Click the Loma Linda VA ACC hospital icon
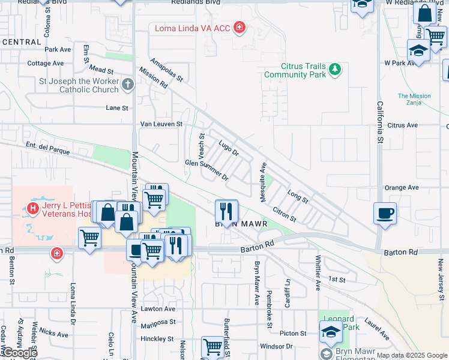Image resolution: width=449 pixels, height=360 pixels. pos(239,28)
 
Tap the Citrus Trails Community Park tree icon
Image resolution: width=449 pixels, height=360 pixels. pos(334,70)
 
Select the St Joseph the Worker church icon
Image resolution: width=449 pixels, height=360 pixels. pos(128,85)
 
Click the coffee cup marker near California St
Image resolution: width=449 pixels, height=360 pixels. pos(385,213)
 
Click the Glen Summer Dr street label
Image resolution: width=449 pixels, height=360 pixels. pos(207,170)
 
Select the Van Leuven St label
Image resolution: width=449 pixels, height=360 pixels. pos(161,124)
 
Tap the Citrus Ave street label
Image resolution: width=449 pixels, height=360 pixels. pos(402,125)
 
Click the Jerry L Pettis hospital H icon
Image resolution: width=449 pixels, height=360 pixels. pos(33,208)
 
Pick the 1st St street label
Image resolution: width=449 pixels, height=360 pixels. pos(337,280)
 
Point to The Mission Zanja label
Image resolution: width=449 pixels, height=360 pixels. pos(414,100)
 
